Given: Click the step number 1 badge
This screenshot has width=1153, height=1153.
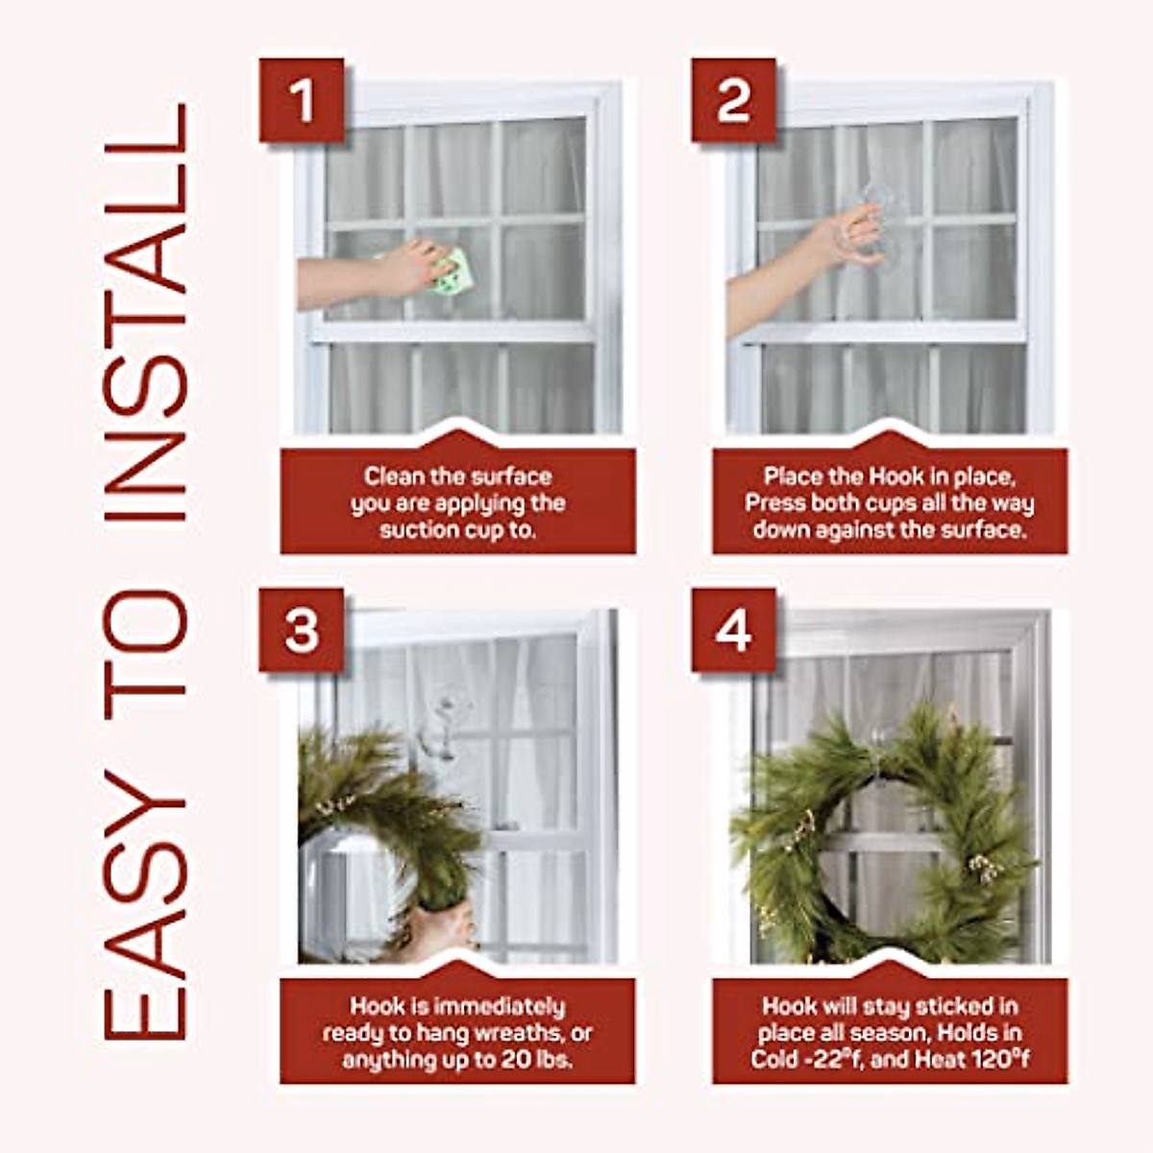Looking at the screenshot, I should tap(302, 100).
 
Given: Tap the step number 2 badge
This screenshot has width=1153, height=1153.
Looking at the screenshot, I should tap(734, 100).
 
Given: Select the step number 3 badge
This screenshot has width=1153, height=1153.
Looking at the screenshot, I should tap(302, 631).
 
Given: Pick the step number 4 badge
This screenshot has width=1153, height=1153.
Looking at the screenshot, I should tap(734, 631).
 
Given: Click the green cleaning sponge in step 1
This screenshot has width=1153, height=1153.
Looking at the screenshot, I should tap(451, 272).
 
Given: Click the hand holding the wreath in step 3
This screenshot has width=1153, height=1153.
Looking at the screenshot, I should tap(442, 927).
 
